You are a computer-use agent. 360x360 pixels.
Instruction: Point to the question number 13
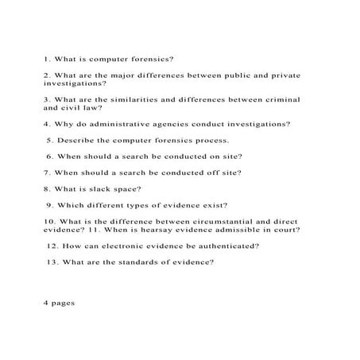tap(52, 261)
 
